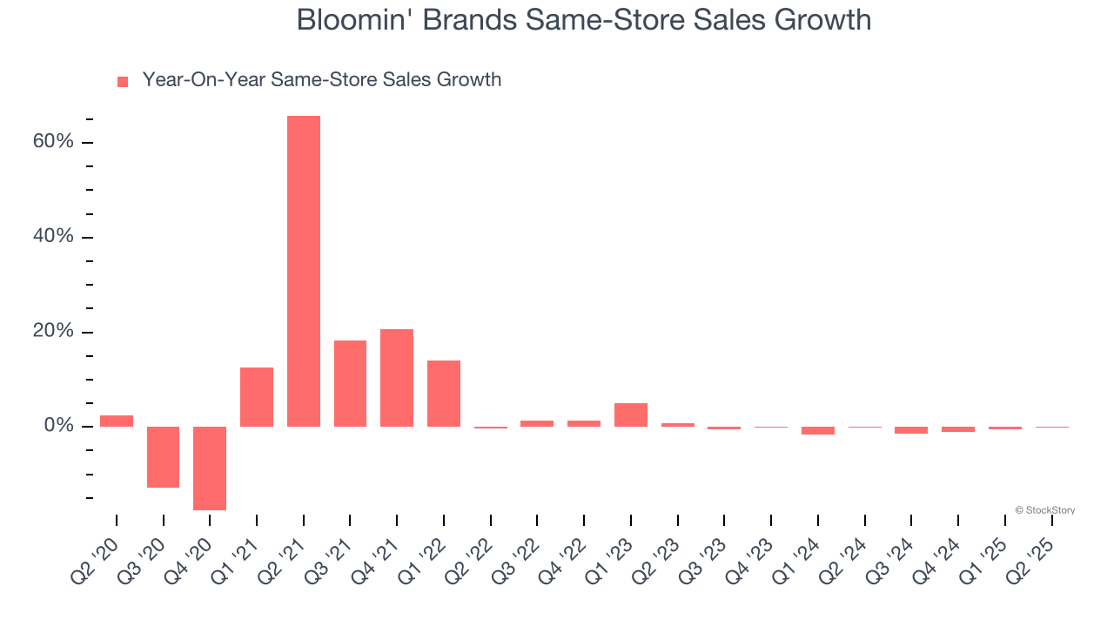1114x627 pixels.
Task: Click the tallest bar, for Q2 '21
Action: (x=304, y=271)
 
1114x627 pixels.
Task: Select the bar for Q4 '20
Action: (x=210, y=468)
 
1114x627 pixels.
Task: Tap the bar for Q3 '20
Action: (x=163, y=456)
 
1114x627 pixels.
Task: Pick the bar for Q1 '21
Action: (x=257, y=397)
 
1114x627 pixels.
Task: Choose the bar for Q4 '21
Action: (x=397, y=378)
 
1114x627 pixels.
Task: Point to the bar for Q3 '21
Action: (x=350, y=383)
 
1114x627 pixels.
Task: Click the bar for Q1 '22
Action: (x=444, y=394)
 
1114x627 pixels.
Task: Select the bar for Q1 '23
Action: (x=631, y=415)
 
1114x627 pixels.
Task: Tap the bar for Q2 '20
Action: (x=117, y=421)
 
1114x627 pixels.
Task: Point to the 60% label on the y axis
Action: (x=53, y=142)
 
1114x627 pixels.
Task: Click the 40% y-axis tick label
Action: (x=53, y=237)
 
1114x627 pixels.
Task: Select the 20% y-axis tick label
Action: (x=53, y=332)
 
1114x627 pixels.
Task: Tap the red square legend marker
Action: (x=123, y=81)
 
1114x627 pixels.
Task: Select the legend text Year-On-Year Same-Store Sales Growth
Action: (x=322, y=80)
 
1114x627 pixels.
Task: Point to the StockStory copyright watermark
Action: (x=1045, y=510)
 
